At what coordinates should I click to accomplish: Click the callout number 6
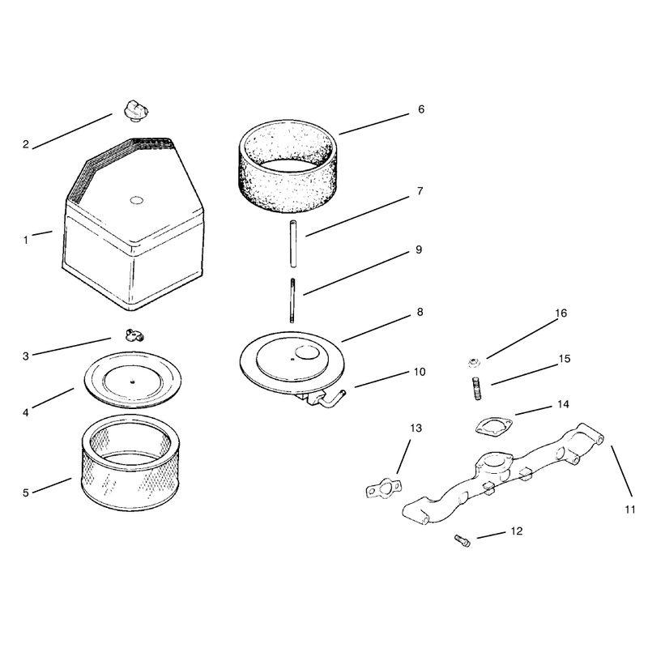[x=421, y=109]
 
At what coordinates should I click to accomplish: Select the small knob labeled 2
[x=136, y=110]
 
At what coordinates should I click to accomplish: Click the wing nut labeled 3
[x=134, y=335]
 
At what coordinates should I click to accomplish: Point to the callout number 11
[x=630, y=509]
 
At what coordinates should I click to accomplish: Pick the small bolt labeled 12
[x=462, y=540]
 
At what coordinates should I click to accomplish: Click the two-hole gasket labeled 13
[x=384, y=488]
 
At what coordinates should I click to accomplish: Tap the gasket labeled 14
[x=493, y=427]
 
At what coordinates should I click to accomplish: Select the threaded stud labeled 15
[x=476, y=388]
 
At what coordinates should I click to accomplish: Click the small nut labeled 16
[x=473, y=362]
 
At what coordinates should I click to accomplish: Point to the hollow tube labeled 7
[x=293, y=244]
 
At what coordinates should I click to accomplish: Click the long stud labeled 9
[x=292, y=300]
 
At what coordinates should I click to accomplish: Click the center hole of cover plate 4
[x=132, y=382]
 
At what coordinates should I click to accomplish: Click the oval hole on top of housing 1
[x=136, y=201]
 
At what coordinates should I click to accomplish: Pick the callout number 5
[x=26, y=492]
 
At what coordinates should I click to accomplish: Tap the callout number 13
[x=416, y=428]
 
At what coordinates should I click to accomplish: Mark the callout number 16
[x=561, y=313]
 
